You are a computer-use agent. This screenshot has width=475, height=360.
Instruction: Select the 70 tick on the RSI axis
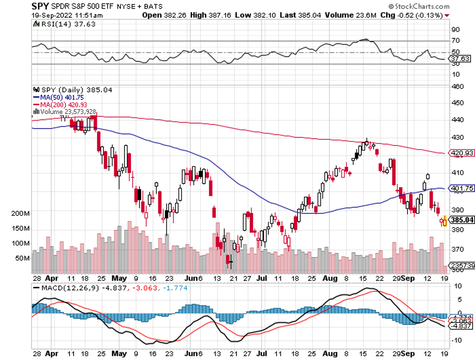tap(456, 41)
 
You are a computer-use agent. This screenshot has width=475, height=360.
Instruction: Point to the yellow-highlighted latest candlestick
tap(445, 221)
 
